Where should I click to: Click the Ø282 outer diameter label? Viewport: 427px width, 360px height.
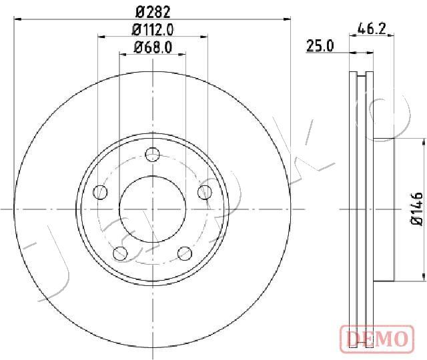153,11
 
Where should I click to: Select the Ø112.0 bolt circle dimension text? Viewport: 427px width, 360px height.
153,29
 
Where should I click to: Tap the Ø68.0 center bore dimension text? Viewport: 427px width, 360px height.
153,47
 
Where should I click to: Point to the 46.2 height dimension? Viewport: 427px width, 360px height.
372,28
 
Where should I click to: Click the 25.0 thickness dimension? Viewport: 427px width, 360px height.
320,46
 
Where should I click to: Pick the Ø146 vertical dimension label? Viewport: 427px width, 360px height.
416,209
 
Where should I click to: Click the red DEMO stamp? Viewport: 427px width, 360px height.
377,339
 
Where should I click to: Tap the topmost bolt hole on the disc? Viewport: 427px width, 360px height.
153,155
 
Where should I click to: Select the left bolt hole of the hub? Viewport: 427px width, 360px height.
100,192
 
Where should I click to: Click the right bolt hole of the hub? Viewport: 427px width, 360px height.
205,192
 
